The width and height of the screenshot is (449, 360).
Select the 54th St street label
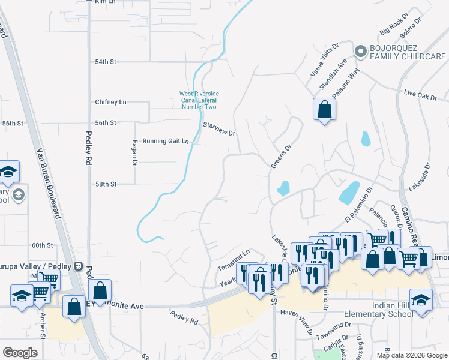[x=105, y=62]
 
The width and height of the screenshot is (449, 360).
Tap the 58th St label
[x=105, y=184]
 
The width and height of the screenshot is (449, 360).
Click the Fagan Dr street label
[x=134, y=154]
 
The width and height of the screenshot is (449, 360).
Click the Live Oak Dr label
[x=420, y=94]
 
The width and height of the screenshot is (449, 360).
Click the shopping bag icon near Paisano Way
[x=324, y=110]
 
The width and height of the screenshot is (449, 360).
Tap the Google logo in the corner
[x=20, y=352]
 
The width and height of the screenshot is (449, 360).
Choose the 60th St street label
[x=43, y=245]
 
